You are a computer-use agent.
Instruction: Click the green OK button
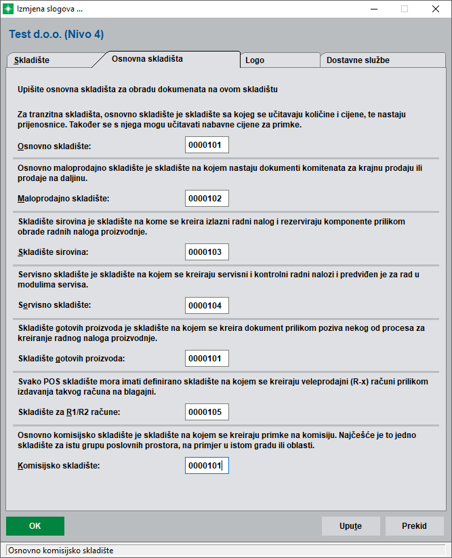(x=35, y=526)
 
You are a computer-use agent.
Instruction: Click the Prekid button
(x=414, y=526)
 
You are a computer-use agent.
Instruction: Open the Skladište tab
(x=32, y=60)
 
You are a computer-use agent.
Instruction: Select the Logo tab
(x=255, y=60)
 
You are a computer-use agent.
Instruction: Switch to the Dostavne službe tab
(x=358, y=60)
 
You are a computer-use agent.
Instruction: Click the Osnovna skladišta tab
(x=147, y=59)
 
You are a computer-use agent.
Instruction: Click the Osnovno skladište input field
(x=207, y=145)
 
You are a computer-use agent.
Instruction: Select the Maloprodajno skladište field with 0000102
(x=207, y=198)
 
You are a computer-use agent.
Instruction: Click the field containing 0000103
(x=207, y=252)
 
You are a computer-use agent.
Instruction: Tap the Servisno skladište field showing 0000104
(x=207, y=305)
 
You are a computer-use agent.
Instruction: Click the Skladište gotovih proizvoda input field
(x=207, y=358)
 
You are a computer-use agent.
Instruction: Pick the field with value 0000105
(x=207, y=412)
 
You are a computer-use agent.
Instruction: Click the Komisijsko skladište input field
(x=207, y=465)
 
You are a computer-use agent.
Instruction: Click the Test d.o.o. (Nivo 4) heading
(x=56, y=34)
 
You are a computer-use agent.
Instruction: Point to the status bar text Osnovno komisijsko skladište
(x=61, y=550)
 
